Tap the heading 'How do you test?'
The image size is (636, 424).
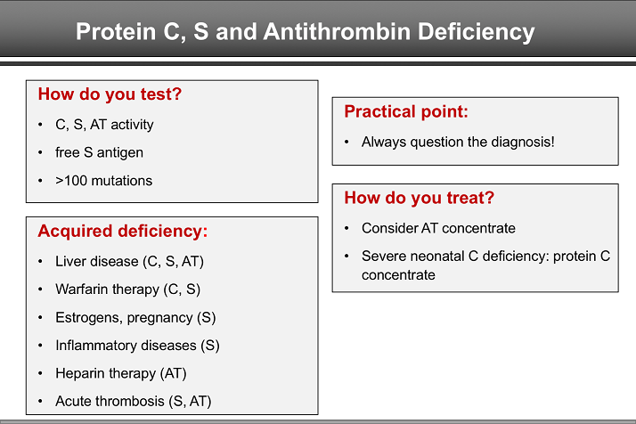click(115, 94)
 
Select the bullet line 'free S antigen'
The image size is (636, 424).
click(99, 152)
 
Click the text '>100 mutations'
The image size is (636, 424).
click(103, 181)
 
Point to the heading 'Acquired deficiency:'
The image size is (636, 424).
click(122, 232)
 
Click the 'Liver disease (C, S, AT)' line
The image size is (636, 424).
click(135, 261)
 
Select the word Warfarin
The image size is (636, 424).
click(81, 289)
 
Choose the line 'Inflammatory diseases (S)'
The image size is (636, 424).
click(136, 345)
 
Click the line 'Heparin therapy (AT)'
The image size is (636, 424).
click(120, 373)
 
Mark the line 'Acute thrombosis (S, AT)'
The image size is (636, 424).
click(133, 401)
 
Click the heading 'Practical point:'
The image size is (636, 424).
click(406, 111)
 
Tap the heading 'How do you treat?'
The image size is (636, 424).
click(419, 198)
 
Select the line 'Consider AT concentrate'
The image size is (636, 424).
click(438, 228)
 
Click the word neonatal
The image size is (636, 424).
click(435, 257)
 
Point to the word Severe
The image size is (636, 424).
click(381, 257)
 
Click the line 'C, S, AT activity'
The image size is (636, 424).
click(104, 125)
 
